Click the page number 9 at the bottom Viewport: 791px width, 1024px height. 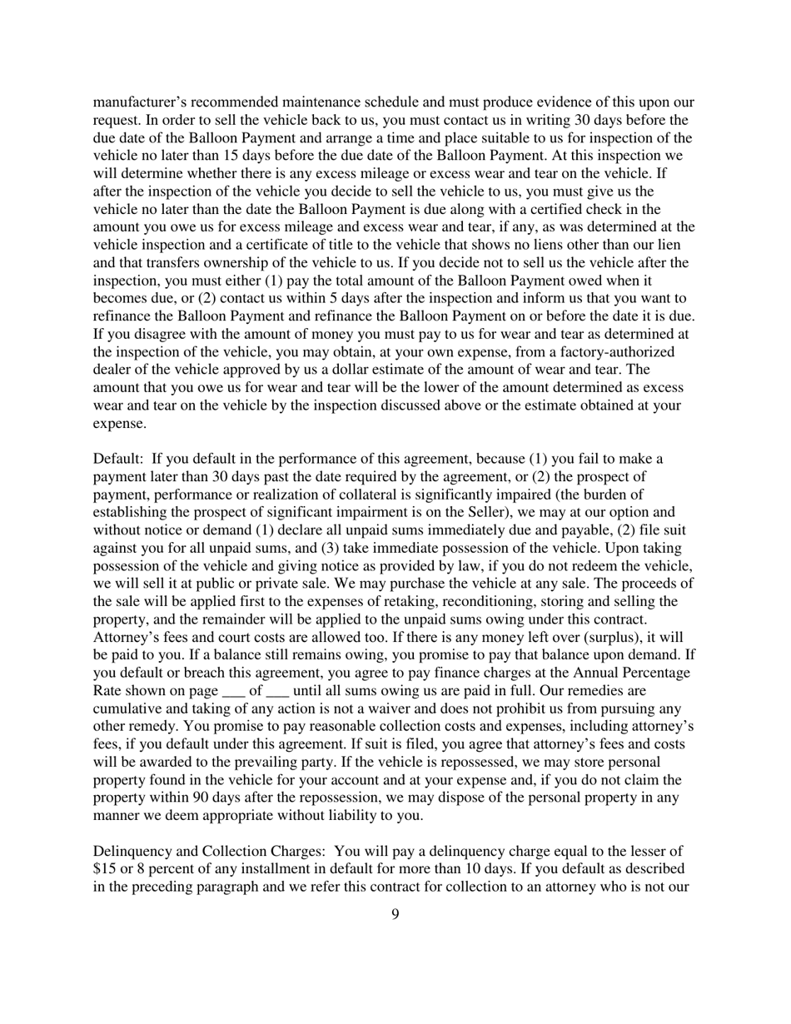pyautogui.click(x=395, y=916)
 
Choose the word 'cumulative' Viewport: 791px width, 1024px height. pyautogui.click(x=129, y=709)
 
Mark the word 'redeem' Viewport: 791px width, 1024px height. pyautogui.click(x=615, y=566)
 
